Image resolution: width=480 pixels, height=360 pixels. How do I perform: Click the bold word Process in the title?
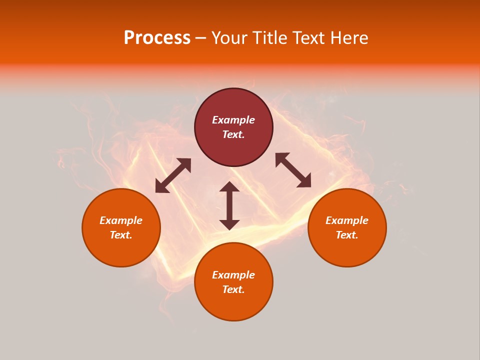[157, 38]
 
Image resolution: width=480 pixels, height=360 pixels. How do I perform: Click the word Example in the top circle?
[233, 120]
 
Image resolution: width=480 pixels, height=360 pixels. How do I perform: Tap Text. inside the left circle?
[121, 235]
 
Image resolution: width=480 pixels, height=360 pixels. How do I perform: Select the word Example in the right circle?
[347, 220]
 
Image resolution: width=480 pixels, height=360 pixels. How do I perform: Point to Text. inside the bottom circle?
[233, 289]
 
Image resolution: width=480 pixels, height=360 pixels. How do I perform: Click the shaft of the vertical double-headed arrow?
[229, 205]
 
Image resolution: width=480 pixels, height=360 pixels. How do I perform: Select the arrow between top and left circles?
[173, 175]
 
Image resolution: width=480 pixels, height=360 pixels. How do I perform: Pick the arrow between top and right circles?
[293, 170]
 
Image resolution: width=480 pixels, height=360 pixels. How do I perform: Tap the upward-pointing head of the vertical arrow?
[229, 187]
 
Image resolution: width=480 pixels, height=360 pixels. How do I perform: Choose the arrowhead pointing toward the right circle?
[304, 181]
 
